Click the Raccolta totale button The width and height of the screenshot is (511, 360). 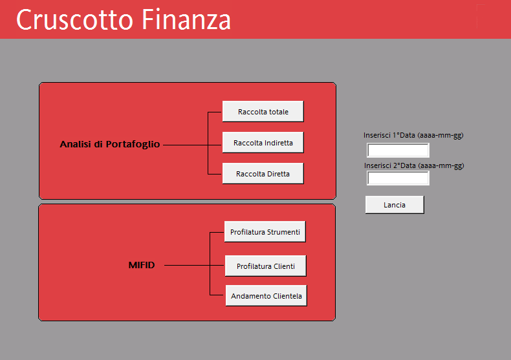click(263, 111)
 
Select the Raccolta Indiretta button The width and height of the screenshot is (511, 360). click(263, 142)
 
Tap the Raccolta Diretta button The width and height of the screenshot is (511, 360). click(263, 173)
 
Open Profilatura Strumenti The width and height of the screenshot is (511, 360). click(265, 231)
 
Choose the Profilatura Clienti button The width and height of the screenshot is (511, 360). click(266, 266)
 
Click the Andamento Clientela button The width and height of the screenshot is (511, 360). click(266, 295)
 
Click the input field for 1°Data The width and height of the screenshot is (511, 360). click(398, 150)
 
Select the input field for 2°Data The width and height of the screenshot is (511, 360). click(398, 178)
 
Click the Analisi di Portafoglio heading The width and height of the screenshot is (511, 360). click(110, 144)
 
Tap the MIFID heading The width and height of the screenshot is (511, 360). click(142, 265)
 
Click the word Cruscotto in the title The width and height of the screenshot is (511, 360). click(75, 19)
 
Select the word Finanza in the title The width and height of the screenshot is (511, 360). click(186, 19)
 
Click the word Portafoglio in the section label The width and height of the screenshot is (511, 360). click(133, 144)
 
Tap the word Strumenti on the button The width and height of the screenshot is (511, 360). click(283, 232)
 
